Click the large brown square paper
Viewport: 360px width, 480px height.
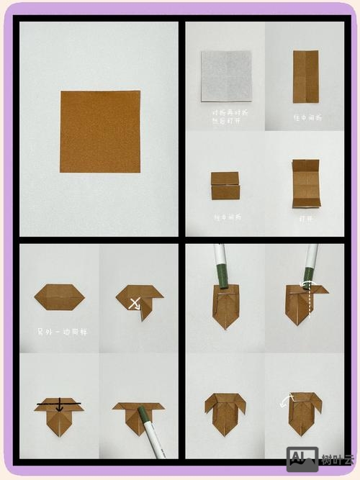[x=99, y=132]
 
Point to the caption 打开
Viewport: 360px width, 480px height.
[x=307, y=217]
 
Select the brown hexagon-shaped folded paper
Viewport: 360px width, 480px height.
[x=60, y=297]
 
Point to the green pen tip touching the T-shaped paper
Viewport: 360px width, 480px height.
[x=143, y=414]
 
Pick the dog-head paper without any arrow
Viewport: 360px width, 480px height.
[x=225, y=412]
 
